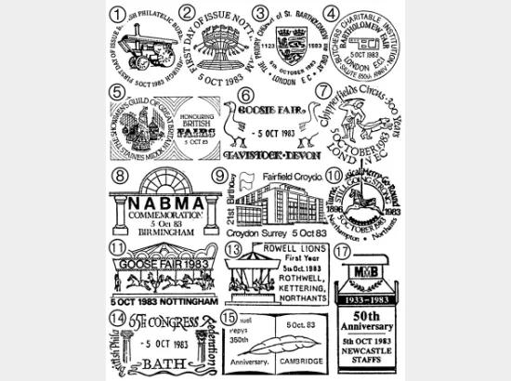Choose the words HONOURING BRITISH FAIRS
click(x=196, y=127)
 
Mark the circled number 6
click(x=244, y=97)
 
